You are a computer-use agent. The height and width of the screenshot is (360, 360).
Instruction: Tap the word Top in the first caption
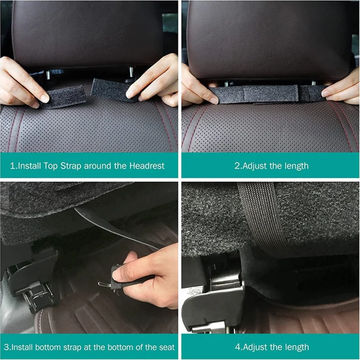click(54, 166)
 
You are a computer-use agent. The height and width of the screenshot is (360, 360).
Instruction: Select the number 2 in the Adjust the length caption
click(237, 166)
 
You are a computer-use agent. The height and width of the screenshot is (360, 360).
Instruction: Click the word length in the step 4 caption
click(293, 347)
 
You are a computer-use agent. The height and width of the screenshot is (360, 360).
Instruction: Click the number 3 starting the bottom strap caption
click(5, 347)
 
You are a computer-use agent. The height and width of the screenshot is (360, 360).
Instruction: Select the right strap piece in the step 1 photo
click(110, 88)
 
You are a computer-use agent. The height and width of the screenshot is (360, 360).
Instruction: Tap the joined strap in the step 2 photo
click(265, 94)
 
